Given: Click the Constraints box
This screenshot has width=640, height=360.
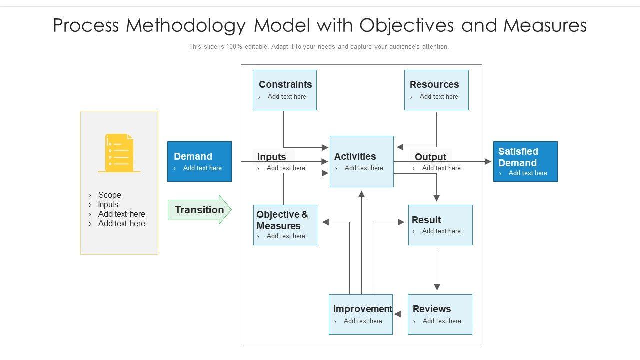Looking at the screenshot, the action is coord(285,90).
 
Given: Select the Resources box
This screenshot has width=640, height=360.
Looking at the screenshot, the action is coord(436,90).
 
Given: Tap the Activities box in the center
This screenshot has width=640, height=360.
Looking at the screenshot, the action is coord(361,161).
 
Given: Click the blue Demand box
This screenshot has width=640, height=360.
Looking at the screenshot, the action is coord(199,161).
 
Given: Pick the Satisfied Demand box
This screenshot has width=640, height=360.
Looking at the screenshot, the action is coord(525,161).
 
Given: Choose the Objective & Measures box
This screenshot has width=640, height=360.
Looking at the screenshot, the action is coord(285,225).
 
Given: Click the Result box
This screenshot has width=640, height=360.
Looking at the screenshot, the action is coord(440,225).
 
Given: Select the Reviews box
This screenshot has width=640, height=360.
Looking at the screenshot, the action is coord(440,314).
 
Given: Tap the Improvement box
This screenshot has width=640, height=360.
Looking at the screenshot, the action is coord(361,314).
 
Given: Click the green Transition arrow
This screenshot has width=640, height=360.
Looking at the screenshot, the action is coord(199,210).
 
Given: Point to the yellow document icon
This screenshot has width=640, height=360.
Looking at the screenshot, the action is coord(119,153).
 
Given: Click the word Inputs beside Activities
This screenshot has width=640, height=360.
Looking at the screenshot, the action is coord(271,157).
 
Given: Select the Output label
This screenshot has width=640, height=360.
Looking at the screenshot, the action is coord(430,157).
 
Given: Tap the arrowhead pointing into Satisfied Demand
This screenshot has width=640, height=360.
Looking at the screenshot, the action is coord(488,161).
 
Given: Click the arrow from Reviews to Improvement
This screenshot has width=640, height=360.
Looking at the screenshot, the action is coord(401,314).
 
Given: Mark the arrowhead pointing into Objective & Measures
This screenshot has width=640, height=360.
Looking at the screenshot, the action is coord(325,222).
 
